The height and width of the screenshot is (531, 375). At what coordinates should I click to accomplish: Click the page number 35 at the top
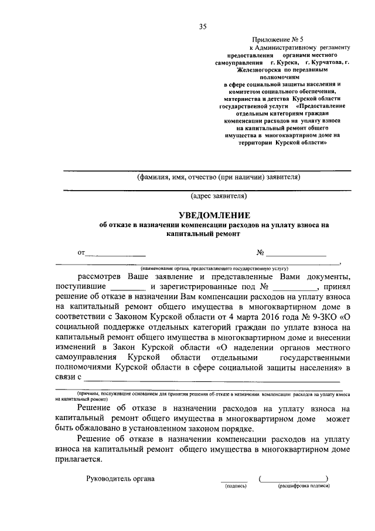203,26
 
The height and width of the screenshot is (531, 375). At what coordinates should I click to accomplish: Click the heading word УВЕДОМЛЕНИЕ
214,215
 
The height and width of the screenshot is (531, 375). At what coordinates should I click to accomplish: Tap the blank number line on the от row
296,255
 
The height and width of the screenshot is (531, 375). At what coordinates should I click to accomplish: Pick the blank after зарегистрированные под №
294,288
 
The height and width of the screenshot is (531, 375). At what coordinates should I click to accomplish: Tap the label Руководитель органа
120,478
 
